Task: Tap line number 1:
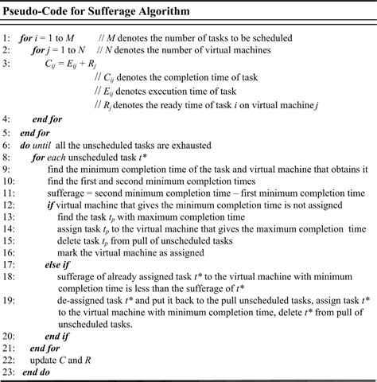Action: tap(8, 37)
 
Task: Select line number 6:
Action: tap(8, 146)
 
